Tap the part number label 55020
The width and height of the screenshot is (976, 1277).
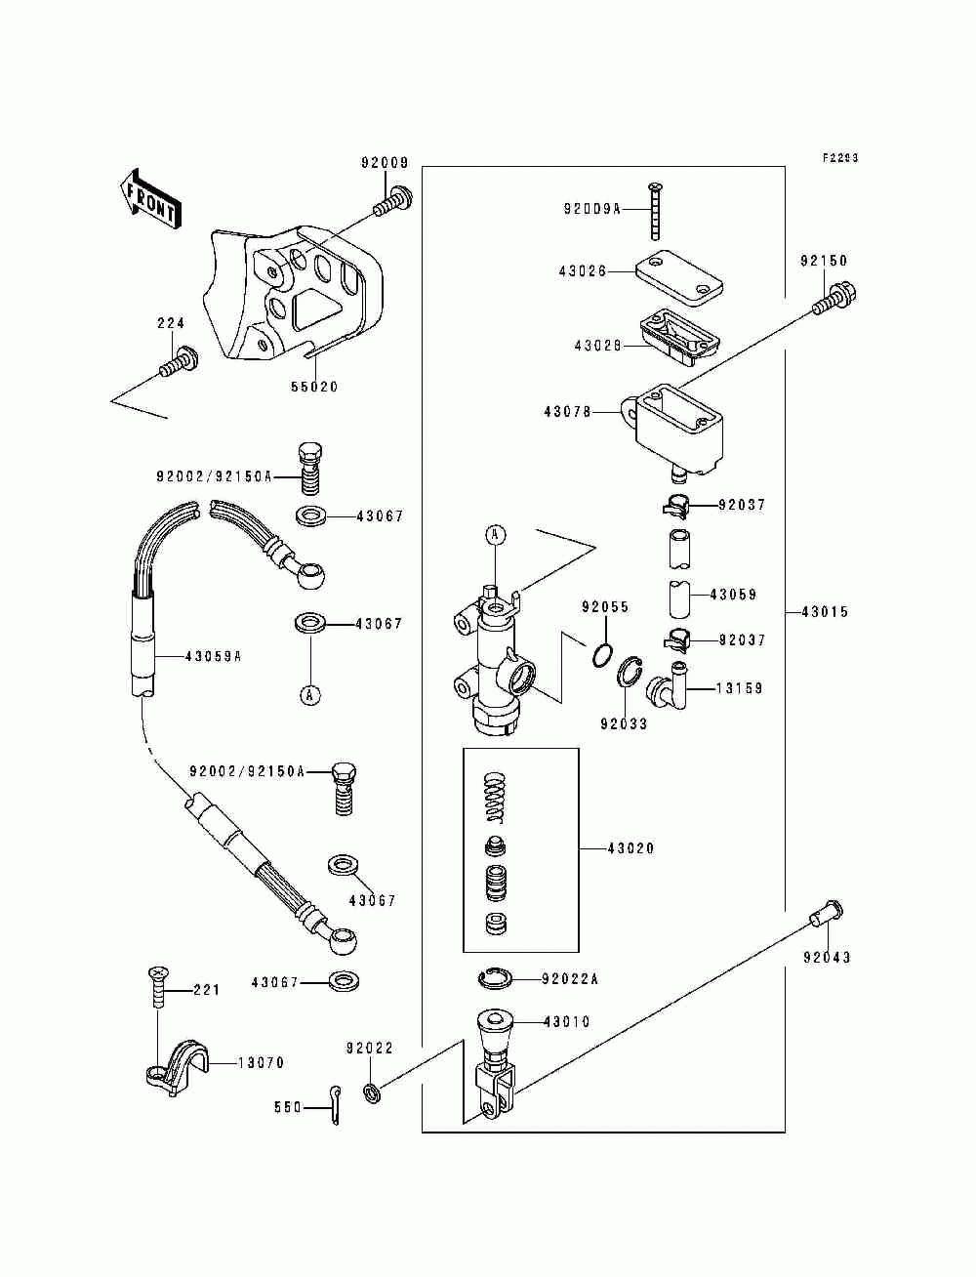click(x=314, y=387)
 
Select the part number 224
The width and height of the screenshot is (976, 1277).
click(x=171, y=323)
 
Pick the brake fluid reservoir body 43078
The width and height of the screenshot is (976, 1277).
click(x=673, y=431)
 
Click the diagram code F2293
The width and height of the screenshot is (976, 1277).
click(x=840, y=157)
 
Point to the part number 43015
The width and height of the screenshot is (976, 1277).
click(x=825, y=611)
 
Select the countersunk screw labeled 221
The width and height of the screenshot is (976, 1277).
click(x=158, y=987)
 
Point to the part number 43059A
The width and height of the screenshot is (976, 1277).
click(x=213, y=656)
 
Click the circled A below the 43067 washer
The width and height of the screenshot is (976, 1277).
click(x=310, y=694)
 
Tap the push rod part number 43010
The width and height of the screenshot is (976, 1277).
click(x=566, y=1021)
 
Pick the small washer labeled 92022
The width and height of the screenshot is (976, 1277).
click(x=371, y=1092)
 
